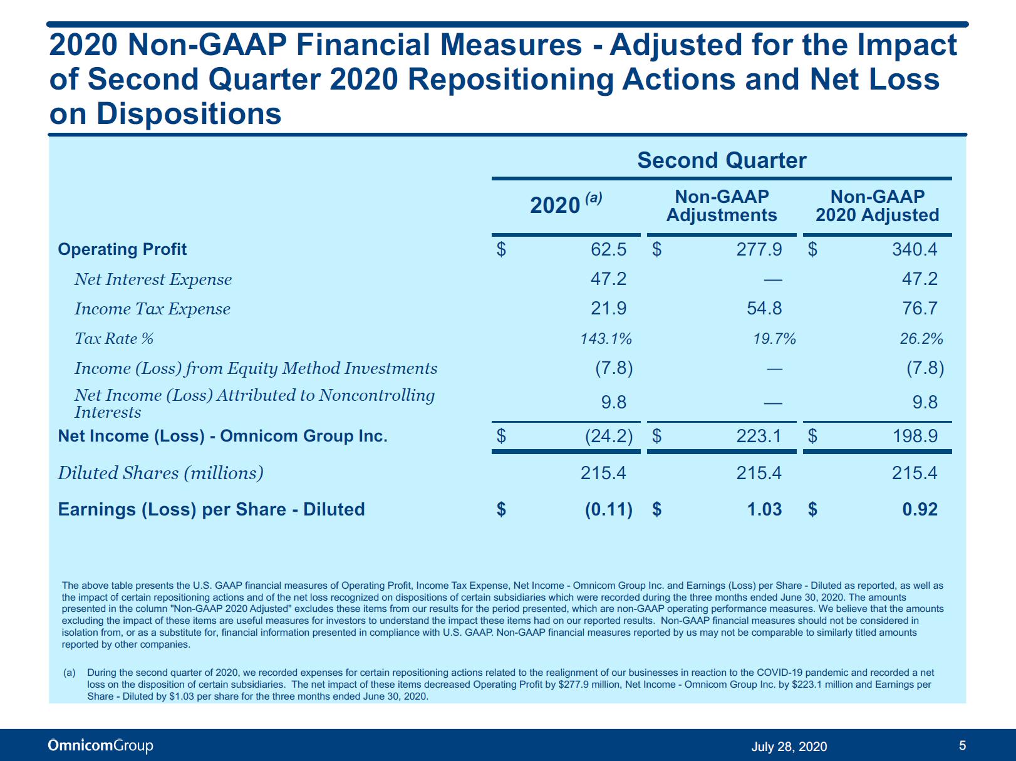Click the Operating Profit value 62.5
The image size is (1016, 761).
click(608, 249)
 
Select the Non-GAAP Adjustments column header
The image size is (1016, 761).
click(722, 206)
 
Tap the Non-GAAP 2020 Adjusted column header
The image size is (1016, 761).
click(877, 206)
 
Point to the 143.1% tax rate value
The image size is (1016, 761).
click(606, 339)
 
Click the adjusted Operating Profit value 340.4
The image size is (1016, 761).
click(915, 249)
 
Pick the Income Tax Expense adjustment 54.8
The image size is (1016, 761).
click(764, 308)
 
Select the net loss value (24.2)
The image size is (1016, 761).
click(609, 436)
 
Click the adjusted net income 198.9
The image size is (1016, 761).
click(915, 436)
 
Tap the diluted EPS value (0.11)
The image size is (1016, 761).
click(609, 509)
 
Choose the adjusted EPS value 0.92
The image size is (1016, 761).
click(920, 509)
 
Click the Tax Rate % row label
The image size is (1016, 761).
click(114, 339)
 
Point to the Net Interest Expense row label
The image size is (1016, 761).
click(153, 279)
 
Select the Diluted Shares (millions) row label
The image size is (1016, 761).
click(160, 473)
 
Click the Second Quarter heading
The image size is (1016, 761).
click(722, 160)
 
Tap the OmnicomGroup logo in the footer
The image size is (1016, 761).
click(100, 745)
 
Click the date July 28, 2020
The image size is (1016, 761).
click(789, 746)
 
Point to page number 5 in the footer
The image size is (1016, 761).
click(962, 745)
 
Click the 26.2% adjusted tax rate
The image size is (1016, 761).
click(921, 339)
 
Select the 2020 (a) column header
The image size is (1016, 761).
click(566, 204)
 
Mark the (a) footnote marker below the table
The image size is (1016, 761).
click(70, 672)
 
